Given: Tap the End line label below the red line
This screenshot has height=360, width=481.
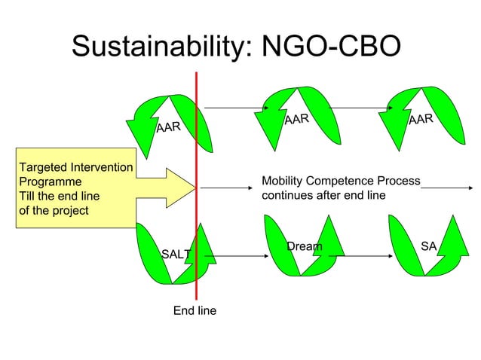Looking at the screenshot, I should pos(195,310).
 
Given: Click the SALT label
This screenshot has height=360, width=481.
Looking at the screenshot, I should pos(176,255).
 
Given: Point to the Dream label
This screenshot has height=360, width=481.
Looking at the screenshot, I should pos(304,246).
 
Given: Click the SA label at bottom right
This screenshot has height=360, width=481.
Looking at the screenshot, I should pos(429,246).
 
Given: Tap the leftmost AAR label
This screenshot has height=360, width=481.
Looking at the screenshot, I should pos(168,127).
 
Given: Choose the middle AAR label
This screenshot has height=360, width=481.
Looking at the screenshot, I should pos(296,119).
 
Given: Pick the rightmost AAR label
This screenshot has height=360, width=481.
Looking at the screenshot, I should pos(420,119).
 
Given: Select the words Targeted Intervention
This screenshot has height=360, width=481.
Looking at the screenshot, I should pos(75,166).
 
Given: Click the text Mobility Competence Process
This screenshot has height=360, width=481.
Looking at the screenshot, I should pos(340,182).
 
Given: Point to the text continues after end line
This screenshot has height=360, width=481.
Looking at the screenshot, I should pos(323,195).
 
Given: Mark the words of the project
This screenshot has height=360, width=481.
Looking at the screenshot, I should pos(54,209).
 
